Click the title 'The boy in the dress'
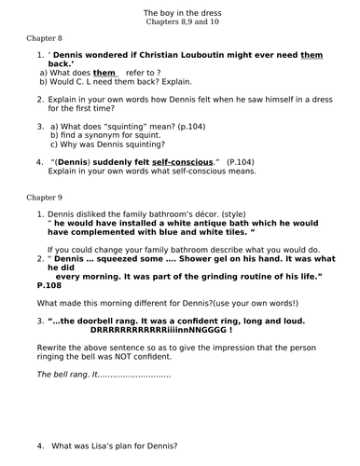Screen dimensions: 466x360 click(x=180, y=9)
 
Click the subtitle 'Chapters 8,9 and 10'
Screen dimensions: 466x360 click(x=180, y=21)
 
